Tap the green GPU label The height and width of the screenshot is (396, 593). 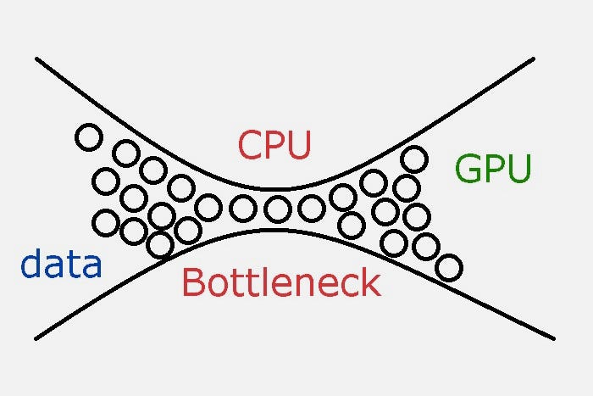point(493,170)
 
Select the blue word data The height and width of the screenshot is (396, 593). point(61,265)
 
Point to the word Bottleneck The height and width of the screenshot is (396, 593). point(281,282)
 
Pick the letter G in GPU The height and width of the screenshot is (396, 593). point(468,170)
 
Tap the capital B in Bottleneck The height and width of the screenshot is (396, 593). point(192,282)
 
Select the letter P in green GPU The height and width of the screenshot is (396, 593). point(494,170)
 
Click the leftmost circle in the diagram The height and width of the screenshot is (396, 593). point(88,137)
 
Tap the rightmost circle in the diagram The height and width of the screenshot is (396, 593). point(449,268)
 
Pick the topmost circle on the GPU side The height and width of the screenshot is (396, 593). point(413,159)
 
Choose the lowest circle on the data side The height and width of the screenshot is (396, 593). point(159,245)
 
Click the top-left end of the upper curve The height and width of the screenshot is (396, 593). point(37,59)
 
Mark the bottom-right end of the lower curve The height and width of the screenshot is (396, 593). point(552,337)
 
